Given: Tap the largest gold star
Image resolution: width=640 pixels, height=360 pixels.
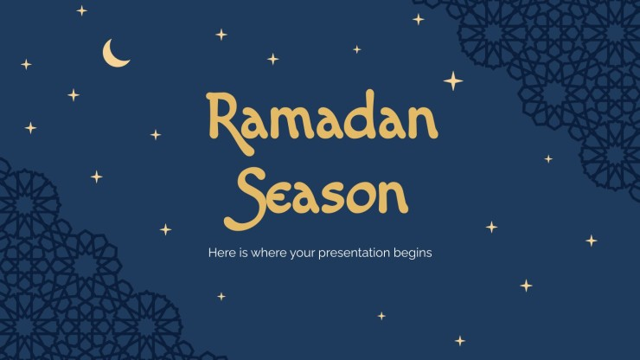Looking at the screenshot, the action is coord(453,80).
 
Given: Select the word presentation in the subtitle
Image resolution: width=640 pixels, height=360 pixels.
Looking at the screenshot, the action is coord(355,254).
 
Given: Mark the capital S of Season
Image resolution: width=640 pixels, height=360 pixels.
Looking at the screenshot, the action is coord(244,198).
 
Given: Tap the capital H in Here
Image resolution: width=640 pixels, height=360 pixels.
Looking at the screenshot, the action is coord(213,253).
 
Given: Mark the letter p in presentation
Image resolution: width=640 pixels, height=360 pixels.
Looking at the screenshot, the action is coord(323,255).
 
